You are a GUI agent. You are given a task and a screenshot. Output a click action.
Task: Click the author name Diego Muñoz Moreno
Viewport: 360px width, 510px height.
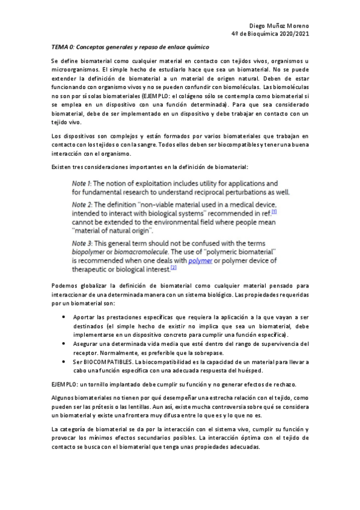pyautogui.click(x=279, y=26)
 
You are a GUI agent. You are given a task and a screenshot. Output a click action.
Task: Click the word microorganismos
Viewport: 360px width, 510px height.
pyautogui.click(x=75, y=70)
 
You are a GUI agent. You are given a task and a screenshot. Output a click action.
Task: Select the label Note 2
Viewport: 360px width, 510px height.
pyautogui.click(x=80, y=204)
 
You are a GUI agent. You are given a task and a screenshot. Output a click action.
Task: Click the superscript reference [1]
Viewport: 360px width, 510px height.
pyautogui.click(x=274, y=211)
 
